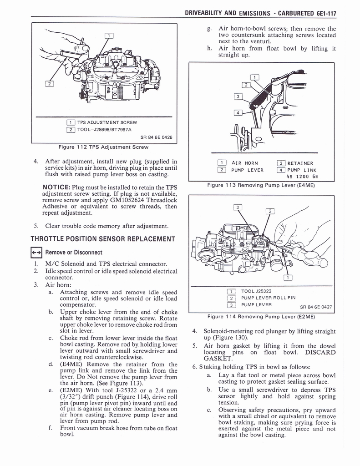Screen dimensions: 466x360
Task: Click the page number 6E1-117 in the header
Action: tap(321, 13)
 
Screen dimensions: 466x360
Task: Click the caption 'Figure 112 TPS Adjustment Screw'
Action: tap(104, 147)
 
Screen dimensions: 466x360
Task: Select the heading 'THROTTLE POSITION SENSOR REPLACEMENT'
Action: tap(102, 239)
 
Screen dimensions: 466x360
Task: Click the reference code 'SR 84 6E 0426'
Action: tap(156, 137)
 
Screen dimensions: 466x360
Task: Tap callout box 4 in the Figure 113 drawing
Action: tap(238, 113)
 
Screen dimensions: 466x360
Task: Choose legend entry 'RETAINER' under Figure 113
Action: tap(300, 163)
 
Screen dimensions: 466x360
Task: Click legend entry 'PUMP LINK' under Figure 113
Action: tap(303, 170)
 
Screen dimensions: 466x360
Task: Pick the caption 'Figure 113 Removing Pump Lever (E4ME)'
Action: tap(261, 185)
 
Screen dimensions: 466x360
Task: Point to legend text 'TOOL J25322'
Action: tap(256, 291)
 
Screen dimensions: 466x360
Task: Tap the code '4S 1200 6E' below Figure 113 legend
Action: tap(302, 177)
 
